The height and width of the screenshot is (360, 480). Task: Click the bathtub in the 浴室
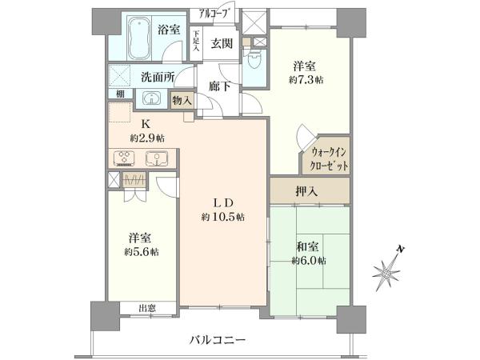click(x=139, y=38)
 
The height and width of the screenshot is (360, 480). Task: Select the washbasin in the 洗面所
click(x=151, y=98)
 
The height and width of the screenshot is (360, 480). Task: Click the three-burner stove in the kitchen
click(x=124, y=158)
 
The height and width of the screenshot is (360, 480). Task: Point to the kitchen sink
click(x=157, y=158)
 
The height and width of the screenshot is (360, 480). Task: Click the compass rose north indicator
click(x=387, y=270)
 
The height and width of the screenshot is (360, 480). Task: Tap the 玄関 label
click(x=222, y=44)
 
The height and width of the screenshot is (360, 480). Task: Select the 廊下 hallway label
click(x=219, y=86)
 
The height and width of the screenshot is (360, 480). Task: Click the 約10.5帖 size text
click(x=223, y=218)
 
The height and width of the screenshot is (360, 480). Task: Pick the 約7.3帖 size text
click(x=306, y=80)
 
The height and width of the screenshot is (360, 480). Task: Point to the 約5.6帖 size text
click(x=142, y=252)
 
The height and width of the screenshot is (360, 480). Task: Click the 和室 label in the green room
click(x=307, y=246)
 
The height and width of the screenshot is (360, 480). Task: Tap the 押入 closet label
click(x=306, y=192)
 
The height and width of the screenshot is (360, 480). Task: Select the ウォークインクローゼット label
click(x=329, y=159)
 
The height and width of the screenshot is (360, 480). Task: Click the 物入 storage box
click(x=182, y=100)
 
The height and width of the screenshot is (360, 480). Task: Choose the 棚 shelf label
click(x=120, y=94)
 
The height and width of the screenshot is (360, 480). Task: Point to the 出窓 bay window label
click(x=147, y=308)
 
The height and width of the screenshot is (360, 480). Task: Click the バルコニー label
click(x=218, y=340)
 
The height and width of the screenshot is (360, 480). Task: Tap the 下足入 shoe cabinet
click(x=196, y=44)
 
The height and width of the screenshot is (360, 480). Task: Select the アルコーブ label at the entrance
click(x=214, y=14)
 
